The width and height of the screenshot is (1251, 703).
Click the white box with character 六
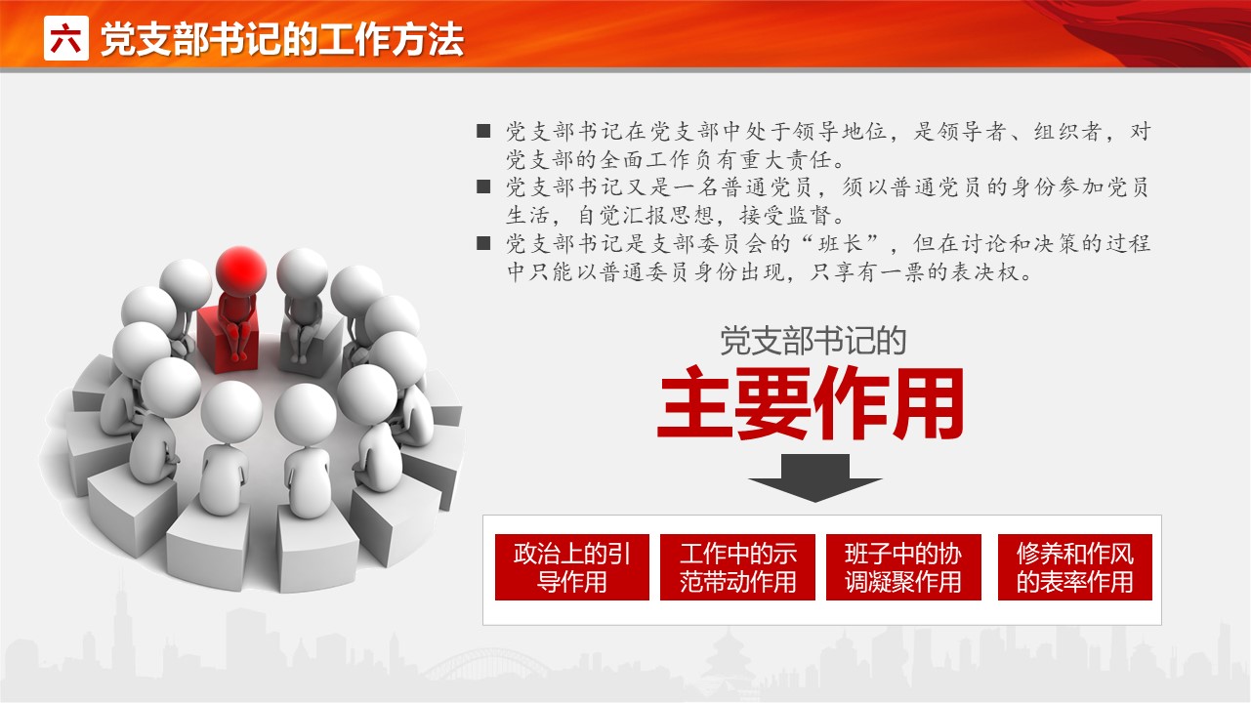[x=65, y=38]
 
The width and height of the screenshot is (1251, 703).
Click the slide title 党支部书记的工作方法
[x=282, y=39]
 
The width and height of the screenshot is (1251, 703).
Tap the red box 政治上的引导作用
[x=572, y=566]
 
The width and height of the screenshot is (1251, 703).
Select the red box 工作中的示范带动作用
[x=737, y=566]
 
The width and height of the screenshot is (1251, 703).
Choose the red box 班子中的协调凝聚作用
[x=903, y=566]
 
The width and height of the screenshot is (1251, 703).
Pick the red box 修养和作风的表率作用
[x=1075, y=566]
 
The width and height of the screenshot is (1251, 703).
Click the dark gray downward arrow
[x=815, y=478]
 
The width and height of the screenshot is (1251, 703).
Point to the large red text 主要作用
[x=811, y=403]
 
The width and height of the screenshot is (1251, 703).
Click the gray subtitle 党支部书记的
[x=813, y=340]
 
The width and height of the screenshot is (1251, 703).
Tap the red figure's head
[x=240, y=271]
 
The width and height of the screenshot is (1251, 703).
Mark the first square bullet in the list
[x=483, y=131]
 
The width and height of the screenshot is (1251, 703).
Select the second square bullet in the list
[x=483, y=186]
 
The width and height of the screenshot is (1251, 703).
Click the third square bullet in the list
[x=483, y=243]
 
